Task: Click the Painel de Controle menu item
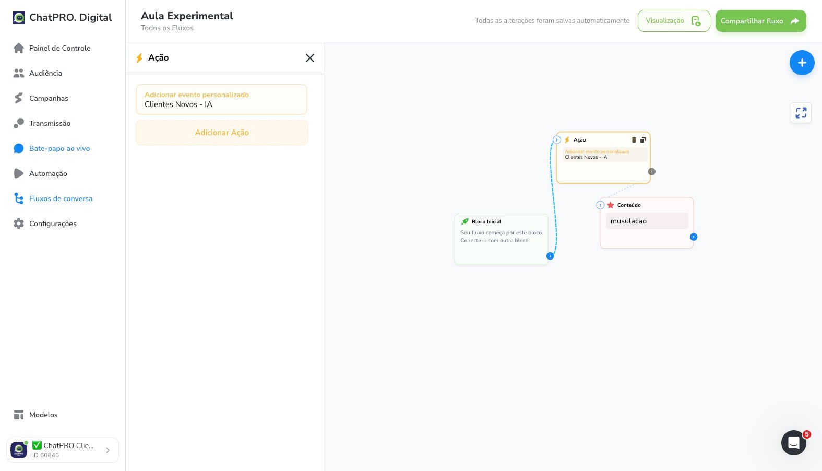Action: pyautogui.click(x=52, y=48)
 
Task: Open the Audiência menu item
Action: pyautogui.click(x=38, y=73)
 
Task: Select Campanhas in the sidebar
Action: pyautogui.click(x=41, y=98)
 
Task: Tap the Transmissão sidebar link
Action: pyautogui.click(x=42, y=123)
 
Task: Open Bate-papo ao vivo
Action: pyautogui.click(x=52, y=148)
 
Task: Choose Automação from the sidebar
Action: pyautogui.click(x=40, y=173)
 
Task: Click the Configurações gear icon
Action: pyautogui.click(x=19, y=223)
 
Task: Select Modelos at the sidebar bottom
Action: pyautogui.click(x=35, y=415)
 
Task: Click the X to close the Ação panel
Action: pyautogui.click(x=309, y=58)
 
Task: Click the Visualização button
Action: pyautogui.click(x=674, y=21)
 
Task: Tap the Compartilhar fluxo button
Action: pyautogui.click(x=761, y=21)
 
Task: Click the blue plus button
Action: pyautogui.click(x=802, y=63)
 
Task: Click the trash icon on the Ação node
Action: pyautogui.click(x=634, y=139)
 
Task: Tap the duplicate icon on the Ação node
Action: pyautogui.click(x=643, y=139)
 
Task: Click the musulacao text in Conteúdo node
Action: pyautogui.click(x=628, y=221)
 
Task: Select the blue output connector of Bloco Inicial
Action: pyautogui.click(x=550, y=256)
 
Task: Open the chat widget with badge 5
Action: pyautogui.click(x=794, y=443)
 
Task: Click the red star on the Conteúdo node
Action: pyautogui.click(x=610, y=205)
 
